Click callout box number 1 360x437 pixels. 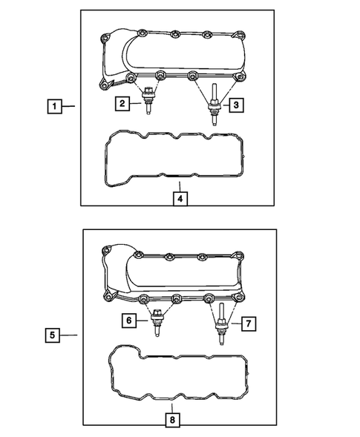[53, 106]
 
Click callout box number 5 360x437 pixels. [51, 335]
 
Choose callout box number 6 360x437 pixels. [129, 321]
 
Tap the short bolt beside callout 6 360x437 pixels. [156, 323]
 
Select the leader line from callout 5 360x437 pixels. [68, 335]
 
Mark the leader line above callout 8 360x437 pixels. [171, 406]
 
